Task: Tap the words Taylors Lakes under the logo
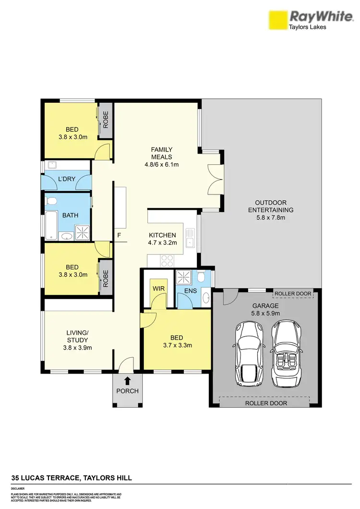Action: (307, 27)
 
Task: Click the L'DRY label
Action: (66, 179)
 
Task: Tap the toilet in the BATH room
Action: (53, 201)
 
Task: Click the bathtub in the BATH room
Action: (50, 226)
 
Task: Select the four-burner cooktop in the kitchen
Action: (167, 261)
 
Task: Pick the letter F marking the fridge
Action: (119, 235)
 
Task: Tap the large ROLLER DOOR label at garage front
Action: (266, 403)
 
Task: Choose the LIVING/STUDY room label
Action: (79, 336)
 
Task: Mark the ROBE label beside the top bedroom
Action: (106, 120)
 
